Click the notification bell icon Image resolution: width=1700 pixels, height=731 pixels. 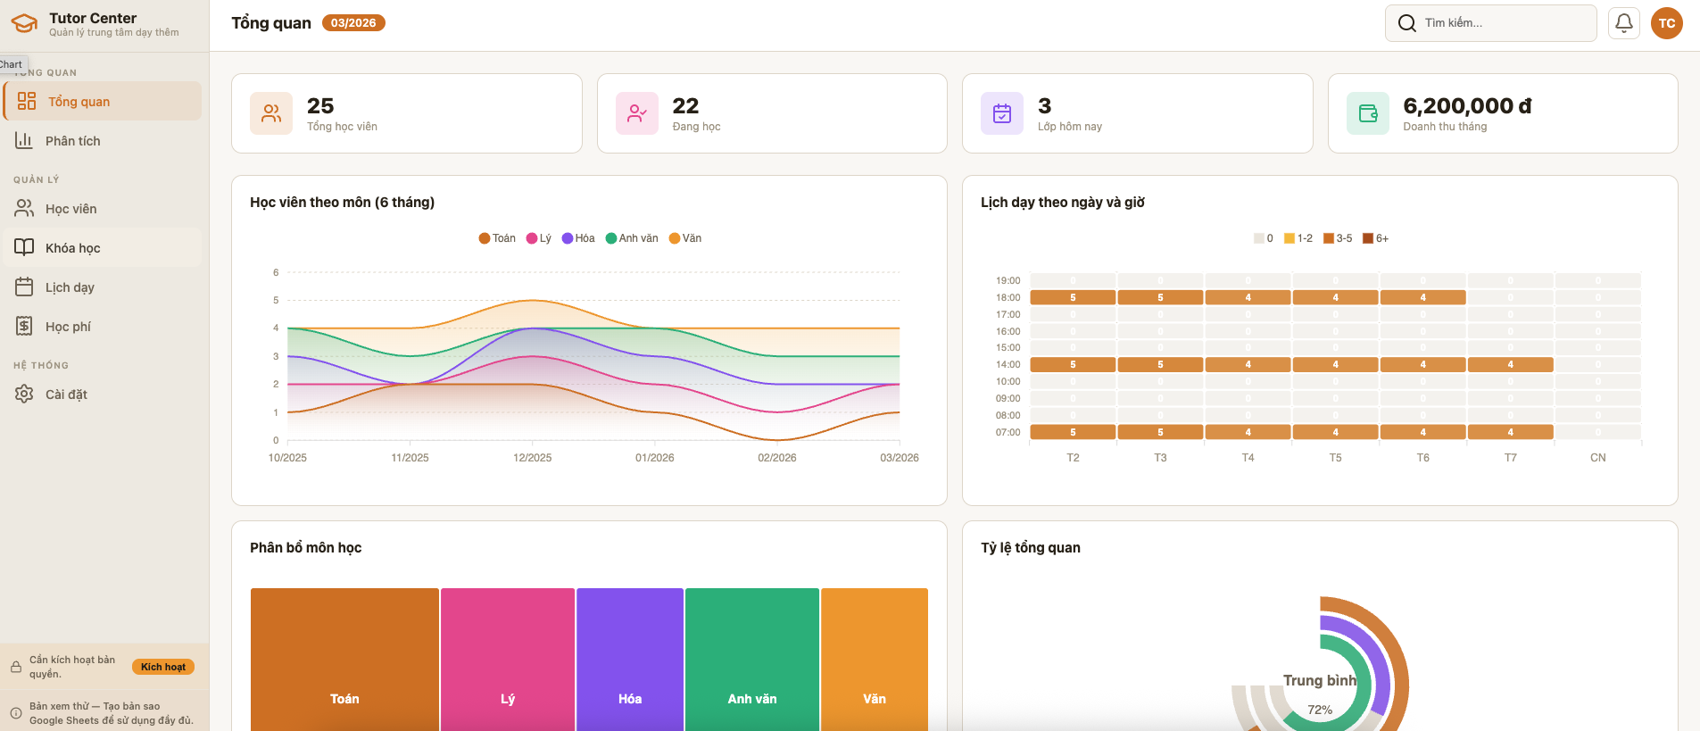tap(1624, 23)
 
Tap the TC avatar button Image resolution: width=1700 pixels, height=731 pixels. tap(1666, 23)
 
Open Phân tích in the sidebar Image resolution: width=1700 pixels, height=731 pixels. tap(72, 141)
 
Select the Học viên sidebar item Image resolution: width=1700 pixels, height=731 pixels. tap(70, 209)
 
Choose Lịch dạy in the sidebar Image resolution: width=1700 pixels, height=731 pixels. tap(70, 287)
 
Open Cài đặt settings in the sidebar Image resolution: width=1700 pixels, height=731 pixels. tap(66, 395)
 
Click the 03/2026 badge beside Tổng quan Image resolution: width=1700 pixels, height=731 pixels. tap(353, 23)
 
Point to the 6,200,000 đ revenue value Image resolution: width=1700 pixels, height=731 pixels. tap(1466, 106)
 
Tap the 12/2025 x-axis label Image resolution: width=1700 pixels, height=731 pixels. tap(532, 458)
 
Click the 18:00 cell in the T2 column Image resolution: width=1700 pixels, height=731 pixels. tap(1073, 297)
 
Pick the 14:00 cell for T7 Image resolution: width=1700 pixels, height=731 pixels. tap(1510, 364)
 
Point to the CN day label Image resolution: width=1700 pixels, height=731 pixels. tap(1597, 458)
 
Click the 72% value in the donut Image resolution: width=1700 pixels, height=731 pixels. tap(1320, 710)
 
